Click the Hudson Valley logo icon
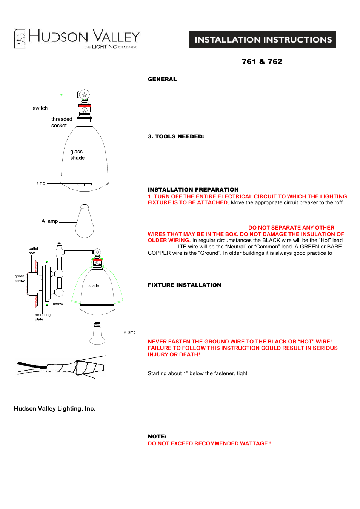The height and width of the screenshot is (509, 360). point(20,38)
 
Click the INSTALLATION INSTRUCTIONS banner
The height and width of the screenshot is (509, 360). point(263,40)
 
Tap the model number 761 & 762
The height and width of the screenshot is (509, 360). point(262,61)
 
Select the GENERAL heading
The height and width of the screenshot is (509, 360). point(162,79)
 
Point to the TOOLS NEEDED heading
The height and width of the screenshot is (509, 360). point(176,136)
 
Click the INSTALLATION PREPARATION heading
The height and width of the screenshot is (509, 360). point(193,190)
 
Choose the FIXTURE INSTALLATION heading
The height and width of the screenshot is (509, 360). point(185,285)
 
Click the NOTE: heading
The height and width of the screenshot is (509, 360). point(157,437)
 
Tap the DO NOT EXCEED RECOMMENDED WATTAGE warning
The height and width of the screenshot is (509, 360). point(209,443)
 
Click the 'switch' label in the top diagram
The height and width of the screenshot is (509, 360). point(40,108)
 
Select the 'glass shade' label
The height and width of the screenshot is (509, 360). point(77,155)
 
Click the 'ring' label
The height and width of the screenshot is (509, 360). point(41,184)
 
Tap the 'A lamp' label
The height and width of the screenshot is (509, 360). point(49,221)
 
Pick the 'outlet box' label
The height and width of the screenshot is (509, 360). point(33,251)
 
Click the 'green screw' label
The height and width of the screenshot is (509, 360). point(20,278)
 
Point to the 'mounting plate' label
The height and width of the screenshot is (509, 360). point(42,317)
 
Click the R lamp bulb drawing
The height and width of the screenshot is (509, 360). point(97,334)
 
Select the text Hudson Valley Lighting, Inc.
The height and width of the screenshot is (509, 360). point(55,409)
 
